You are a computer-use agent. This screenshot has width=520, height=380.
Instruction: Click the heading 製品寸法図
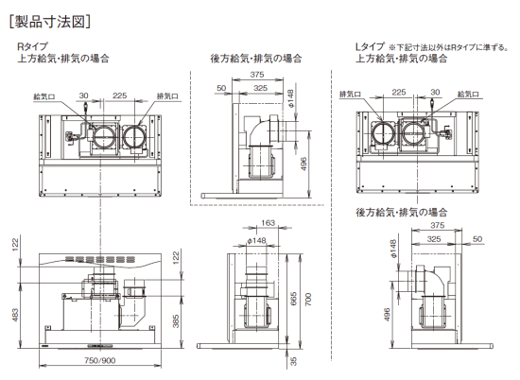[x=50, y=22]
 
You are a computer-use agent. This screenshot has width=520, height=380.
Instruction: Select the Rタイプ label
[x=33, y=46]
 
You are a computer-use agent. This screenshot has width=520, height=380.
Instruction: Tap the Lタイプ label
[x=370, y=46]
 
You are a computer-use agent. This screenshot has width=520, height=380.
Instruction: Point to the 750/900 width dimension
[x=100, y=360]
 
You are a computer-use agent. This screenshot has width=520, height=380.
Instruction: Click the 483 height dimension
[x=15, y=315]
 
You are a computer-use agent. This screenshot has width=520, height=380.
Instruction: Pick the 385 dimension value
[x=176, y=321]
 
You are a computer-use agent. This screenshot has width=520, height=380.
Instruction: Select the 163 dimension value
[x=268, y=222]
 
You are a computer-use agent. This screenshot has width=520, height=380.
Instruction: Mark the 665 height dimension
[x=293, y=299]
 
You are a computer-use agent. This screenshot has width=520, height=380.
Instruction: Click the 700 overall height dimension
[x=308, y=299]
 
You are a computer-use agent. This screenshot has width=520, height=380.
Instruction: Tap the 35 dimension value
[x=293, y=361]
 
